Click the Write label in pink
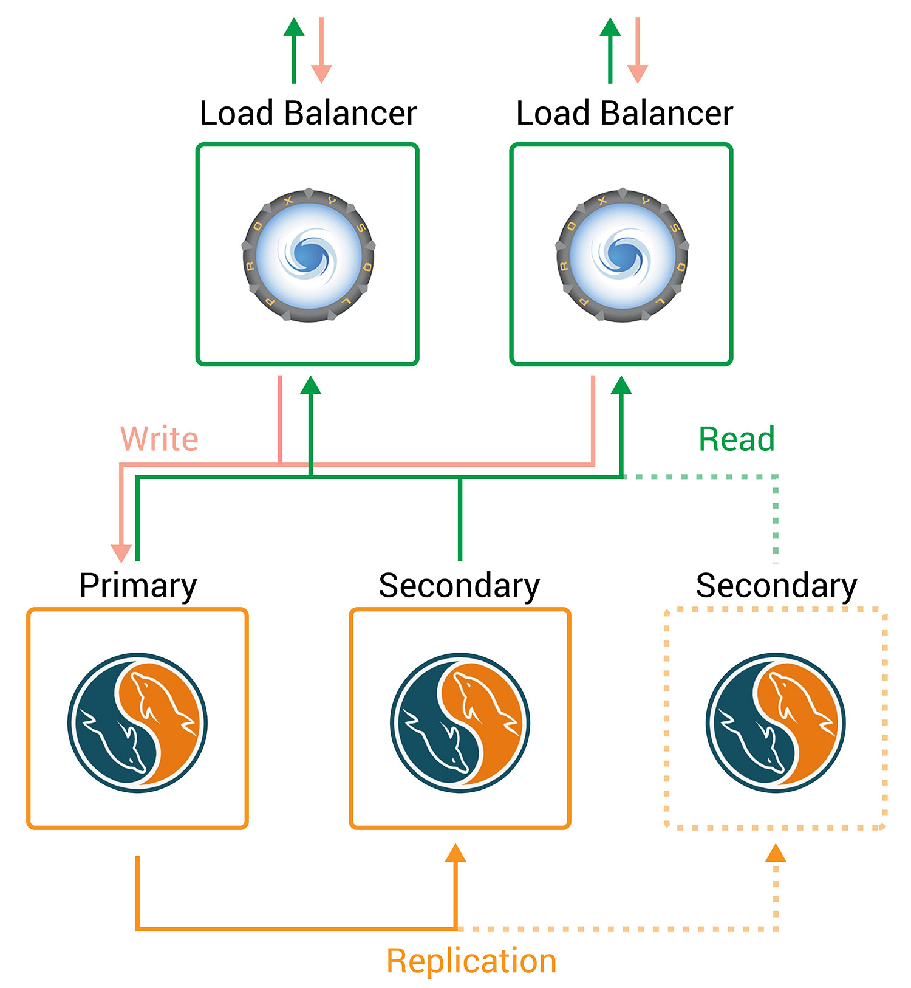click(159, 439)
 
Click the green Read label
click(736, 439)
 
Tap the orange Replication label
click(471, 961)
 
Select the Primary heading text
click(138, 586)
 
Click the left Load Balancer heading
click(308, 113)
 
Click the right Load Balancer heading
click(624, 113)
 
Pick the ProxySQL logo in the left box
click(309, 255)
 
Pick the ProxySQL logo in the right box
click(623, 255)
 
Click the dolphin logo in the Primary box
click(138, 722)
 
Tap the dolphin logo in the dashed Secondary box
click(776, 722)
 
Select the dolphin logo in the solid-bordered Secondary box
click(460, 722)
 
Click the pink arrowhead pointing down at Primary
click(121, 552)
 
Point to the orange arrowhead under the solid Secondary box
click(455, 853)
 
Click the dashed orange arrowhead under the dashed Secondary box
click(776, 853)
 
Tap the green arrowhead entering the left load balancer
click(310, 385)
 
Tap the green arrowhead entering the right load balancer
click(621, 385)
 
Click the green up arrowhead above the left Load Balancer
click(294, 27)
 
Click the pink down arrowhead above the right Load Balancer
click(637, 74)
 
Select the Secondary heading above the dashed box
click(776, 586)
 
